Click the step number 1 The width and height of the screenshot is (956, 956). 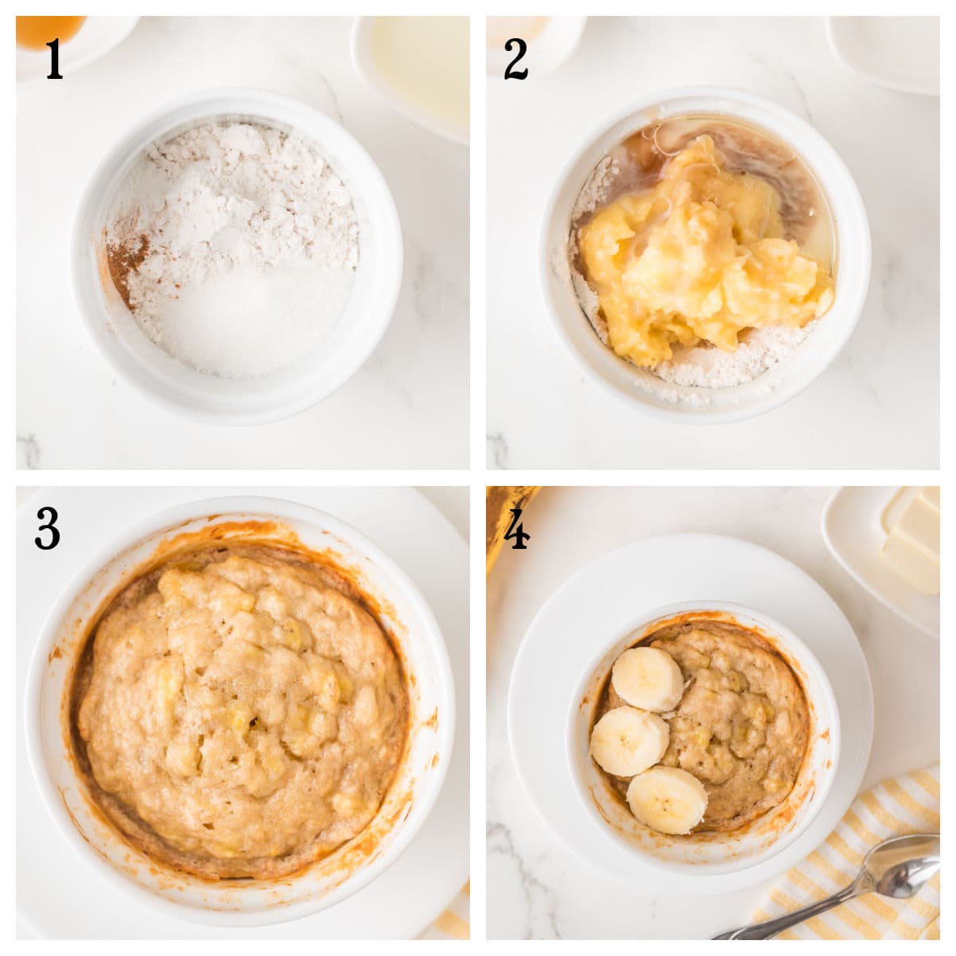(x=53, y=60)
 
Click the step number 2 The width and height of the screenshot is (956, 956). (x=515, y=60)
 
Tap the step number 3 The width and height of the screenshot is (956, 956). (x=47, y=528)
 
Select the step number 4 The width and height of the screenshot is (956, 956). (x=516, y=529)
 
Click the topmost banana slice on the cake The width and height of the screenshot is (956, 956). (x=646, y=679)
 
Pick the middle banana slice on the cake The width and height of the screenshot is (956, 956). (x=629, y=741)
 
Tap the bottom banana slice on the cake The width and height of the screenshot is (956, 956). (x=667, y=799)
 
